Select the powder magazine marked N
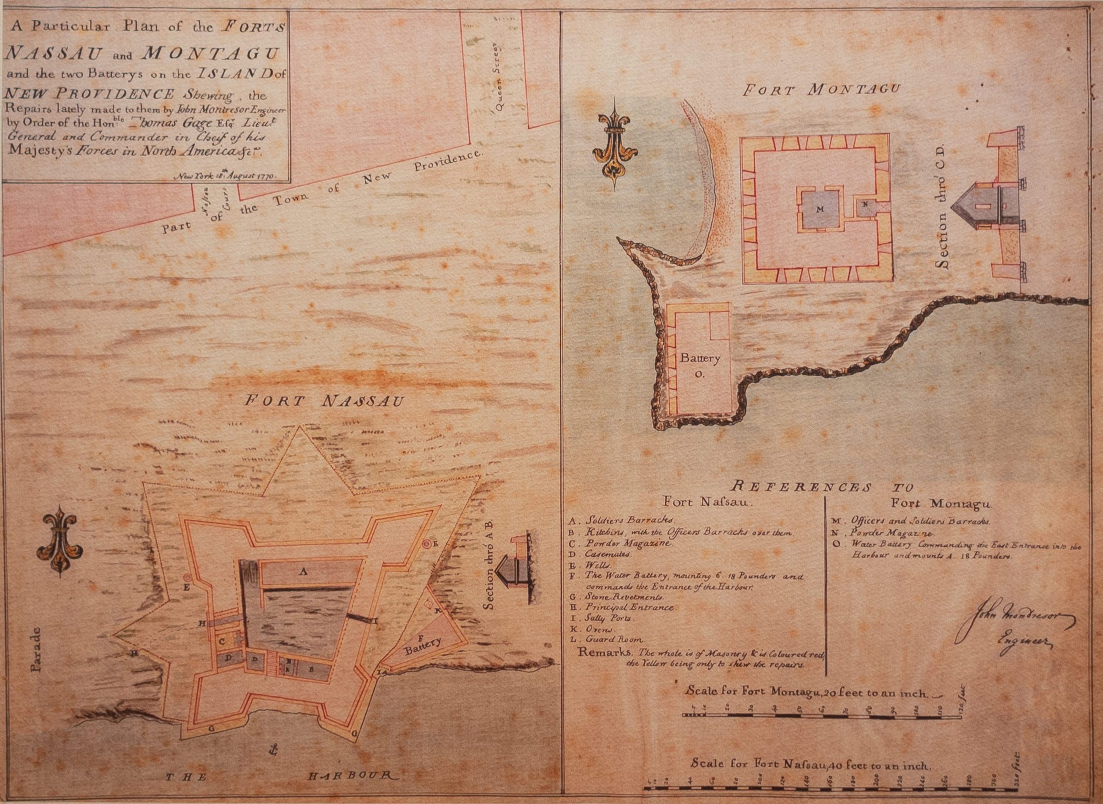(x=865, y=204)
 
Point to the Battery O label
(x=700, y=365)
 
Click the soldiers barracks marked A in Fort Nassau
(x=305, y=572)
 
